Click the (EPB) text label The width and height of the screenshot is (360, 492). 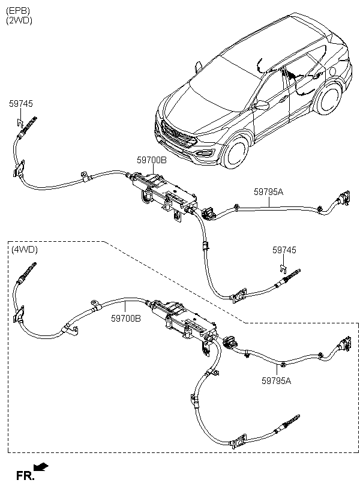click(18, 11)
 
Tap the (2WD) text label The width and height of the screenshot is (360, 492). click(19, 20)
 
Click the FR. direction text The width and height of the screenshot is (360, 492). click(25, 476)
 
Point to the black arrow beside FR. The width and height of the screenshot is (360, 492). click(41, 466)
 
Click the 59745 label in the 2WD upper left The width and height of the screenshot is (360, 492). click(21, 104)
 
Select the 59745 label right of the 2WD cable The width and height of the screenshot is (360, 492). click(284, 250)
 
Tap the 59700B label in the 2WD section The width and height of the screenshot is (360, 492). click(152, 160)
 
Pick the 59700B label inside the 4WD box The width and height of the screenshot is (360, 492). click(125, 319)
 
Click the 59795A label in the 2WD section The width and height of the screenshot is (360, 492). click(268, 192)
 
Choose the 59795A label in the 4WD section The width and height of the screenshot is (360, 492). click(276, 380)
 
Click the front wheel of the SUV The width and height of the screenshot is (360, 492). click(236, 151)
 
